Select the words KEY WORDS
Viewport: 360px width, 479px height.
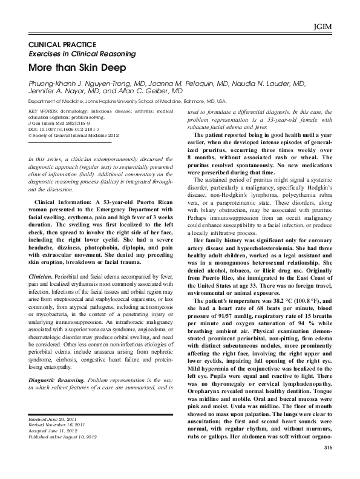(x=43, y=112)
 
